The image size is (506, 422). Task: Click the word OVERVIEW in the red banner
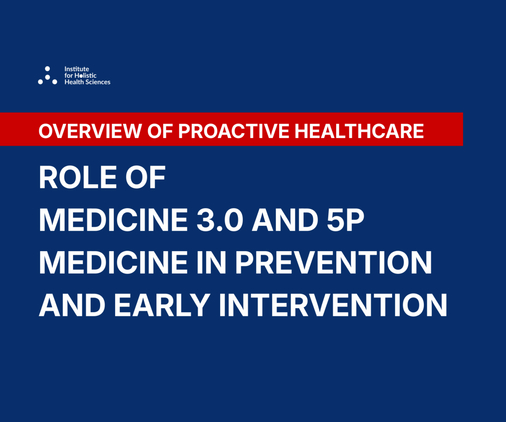[x=90, y=131]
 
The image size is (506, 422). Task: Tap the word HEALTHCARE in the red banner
[x=359, y=131]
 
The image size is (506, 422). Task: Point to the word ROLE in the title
[x=78, y=177]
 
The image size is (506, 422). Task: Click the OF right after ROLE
[x=145, y=177]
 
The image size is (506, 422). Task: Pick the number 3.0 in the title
[x=220, y=220]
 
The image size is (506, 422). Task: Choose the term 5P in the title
[x=345, y=220]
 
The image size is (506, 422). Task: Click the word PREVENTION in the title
[x=334, y=262]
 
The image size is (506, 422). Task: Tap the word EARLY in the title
[x=162, y=305]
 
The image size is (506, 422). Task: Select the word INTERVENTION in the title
[x=333, y=305]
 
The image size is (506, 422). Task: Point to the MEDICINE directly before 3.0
[x=113, y=220]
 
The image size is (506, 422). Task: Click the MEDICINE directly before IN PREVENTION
[x=113, y=262]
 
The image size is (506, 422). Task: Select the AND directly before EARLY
[x=72, y=305]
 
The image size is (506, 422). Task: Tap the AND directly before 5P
[x=285, y=220]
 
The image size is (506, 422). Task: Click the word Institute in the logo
[x=77, y=69]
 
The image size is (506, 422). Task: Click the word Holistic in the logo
[x=85, y=76]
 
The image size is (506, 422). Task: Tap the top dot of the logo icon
[x=48, y=69]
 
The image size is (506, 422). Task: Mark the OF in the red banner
[x=160, y=131]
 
